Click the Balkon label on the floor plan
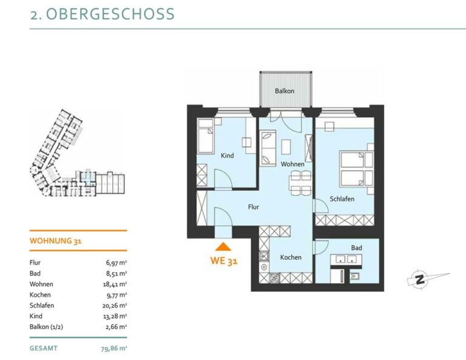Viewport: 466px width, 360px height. coord(285,91)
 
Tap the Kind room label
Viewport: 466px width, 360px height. coord(228,155)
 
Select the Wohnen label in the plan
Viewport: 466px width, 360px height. coord(292,164)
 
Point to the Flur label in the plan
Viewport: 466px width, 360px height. coord(254,207)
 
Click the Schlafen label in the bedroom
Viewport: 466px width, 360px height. coord(342,199)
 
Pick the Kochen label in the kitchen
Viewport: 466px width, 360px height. coord(291,257)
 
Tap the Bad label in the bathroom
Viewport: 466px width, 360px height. coord(356,248)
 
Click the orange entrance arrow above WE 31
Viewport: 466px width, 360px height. coord(223,246)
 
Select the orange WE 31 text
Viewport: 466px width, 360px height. coord(224,260)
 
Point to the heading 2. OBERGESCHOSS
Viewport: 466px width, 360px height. coord(103,14)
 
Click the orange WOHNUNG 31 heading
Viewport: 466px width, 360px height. coord(56,241)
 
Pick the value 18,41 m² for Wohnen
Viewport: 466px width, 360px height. coord(115,284)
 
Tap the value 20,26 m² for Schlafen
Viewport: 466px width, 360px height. coord(115,305)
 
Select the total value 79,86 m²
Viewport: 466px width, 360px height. coord(114,348)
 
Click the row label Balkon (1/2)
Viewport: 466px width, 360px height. coord(46,327)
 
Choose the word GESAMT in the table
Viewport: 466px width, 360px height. coord(44,348)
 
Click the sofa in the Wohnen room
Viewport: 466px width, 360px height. coord(268,148)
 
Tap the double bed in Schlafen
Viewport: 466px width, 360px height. coord(357,169)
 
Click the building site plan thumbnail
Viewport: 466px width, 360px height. coord(77,153)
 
